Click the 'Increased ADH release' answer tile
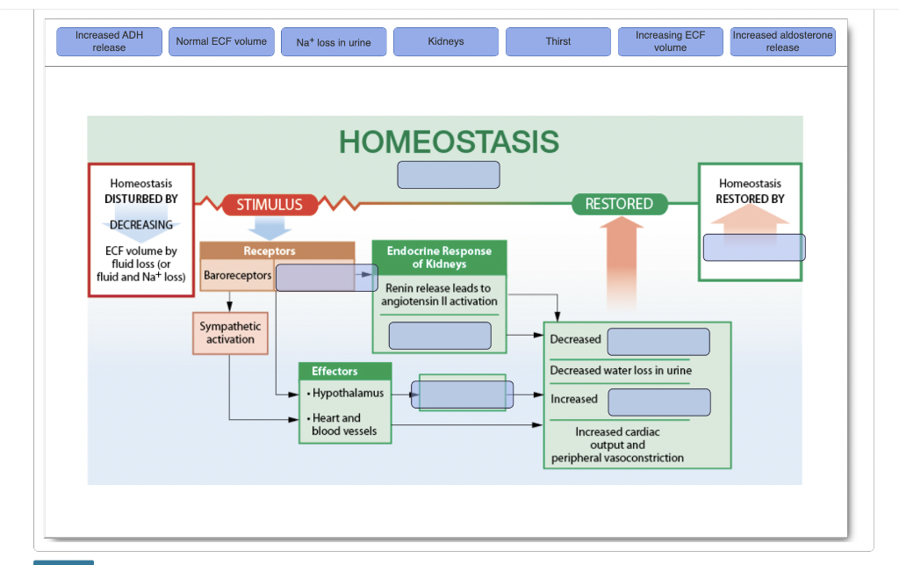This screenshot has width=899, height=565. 109,41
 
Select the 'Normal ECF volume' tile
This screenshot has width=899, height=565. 221,41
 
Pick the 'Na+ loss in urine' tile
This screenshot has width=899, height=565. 334,42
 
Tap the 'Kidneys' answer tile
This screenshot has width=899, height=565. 446,41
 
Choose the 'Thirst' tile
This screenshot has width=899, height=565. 558,41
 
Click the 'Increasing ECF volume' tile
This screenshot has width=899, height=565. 670,41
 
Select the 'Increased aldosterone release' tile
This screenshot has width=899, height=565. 782,41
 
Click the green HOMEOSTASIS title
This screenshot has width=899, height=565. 449,141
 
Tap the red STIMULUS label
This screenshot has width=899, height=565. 269,205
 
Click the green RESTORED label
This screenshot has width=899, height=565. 619,204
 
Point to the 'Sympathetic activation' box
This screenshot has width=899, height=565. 230,333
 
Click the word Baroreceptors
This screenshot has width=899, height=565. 238,276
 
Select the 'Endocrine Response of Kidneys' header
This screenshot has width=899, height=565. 439,257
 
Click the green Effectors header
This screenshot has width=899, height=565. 334,372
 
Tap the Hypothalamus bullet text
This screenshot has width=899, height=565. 348,393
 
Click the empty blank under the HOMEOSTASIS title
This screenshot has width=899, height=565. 449,175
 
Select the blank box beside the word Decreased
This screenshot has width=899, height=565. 658,342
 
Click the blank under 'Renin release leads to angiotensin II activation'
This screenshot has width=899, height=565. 440,336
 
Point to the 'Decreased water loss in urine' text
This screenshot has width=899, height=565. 621,371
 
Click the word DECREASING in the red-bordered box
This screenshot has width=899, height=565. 140,225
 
